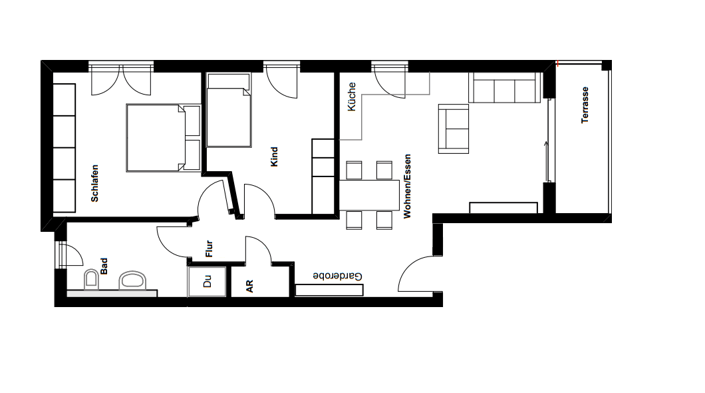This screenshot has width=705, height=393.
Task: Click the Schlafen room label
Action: click(96, 183)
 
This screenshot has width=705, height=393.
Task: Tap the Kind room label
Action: click(274, 157)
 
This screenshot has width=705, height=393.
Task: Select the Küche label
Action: click(352, 97)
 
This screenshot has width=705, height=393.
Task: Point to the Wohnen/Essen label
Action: click(407, 187)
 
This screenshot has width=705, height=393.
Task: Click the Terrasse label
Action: click(585, 105)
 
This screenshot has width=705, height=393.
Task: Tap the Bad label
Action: click(104, 266)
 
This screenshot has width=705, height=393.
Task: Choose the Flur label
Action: click(210, 249)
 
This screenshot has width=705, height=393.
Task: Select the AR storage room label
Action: click(250, 286)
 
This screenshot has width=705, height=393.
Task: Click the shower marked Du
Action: click(206, 283)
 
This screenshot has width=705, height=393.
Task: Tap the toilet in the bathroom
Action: click(91, 280)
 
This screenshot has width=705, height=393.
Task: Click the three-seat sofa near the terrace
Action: click(503, 88)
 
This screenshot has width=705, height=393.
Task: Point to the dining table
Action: click(369, 195)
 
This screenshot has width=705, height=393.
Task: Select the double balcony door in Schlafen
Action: click(122, 79)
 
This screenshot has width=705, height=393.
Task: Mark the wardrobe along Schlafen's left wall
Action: click(64, 148)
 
